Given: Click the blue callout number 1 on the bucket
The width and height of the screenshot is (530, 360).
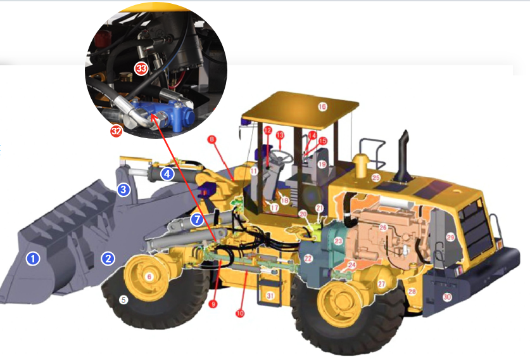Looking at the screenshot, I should (x=32, y=258).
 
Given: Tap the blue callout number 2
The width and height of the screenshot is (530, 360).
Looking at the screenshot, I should (x=109, y=258).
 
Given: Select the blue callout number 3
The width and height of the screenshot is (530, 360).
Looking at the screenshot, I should (x=123, y=189).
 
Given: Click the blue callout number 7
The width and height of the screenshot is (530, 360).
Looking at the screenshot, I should (x=197, y=219).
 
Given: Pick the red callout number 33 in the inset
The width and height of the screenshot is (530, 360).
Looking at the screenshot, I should (x=141, y=67).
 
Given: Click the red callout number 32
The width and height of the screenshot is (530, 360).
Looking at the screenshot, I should (x=116, y=131).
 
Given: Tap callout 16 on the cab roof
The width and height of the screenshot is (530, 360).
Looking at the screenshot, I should (x=322, y=106).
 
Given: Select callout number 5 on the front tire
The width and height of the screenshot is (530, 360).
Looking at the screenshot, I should (x=124, y=300).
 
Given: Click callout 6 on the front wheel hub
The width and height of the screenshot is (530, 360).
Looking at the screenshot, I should (x=149, y=277).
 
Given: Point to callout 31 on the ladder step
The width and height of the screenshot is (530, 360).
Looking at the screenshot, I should (x=270, y=296).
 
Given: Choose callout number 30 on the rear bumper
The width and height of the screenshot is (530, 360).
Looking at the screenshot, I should (x=447, y=297).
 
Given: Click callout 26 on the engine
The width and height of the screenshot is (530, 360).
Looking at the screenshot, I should (x=382, y=227).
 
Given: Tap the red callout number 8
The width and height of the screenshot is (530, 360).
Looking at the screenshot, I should (x=212, y=139).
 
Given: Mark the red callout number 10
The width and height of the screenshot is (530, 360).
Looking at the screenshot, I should (x=239, y=312).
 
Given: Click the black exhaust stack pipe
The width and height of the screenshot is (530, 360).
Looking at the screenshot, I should (x=403, y=158).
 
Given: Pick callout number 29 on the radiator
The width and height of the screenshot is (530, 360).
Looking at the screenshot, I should (x=450, y=238).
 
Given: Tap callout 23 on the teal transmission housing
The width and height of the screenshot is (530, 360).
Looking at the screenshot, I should (x=338, y=241).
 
